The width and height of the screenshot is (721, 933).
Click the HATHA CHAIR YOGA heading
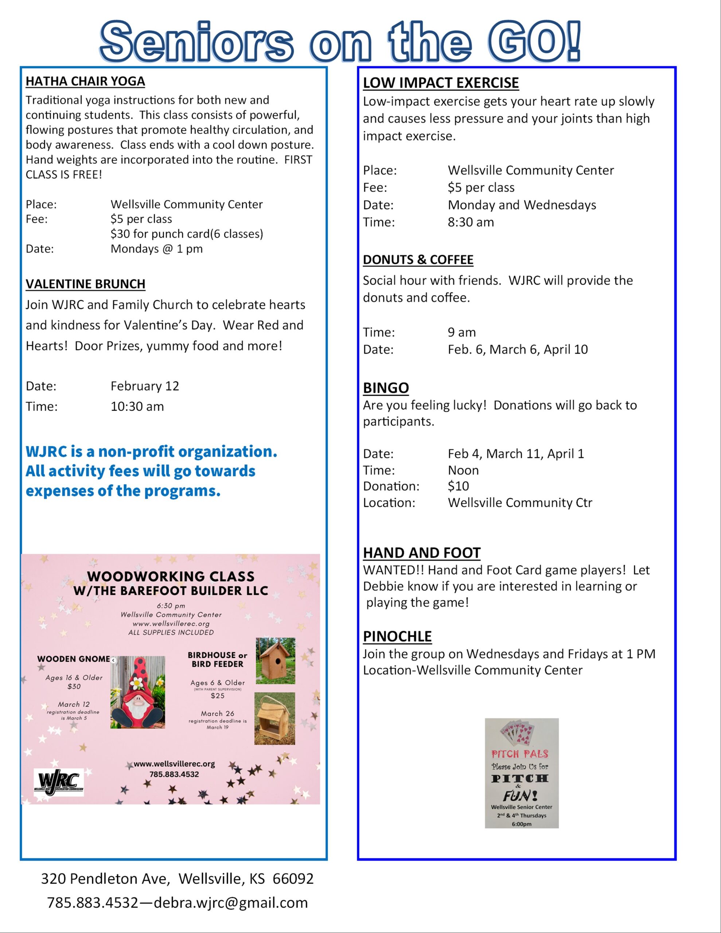click(85, 81)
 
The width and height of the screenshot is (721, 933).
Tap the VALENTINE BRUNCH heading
click(85, 284)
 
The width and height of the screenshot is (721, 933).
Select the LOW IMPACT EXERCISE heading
click(441, 82)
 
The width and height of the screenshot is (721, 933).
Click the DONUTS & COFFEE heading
click(418, 260)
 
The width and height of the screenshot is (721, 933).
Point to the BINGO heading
click(386, 387)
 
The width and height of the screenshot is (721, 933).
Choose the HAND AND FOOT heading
click(422, 553)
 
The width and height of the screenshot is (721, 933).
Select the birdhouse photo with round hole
click(275, 661)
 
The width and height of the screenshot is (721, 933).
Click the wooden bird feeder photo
click(275, 719)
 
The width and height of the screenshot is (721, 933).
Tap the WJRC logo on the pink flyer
click(59, 782)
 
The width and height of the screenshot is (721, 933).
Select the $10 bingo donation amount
click(458, 486)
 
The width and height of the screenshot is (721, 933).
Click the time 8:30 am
click(471, 222)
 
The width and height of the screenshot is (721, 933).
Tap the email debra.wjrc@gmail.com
click(230, 902)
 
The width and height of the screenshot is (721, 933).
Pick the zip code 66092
click(293, 878)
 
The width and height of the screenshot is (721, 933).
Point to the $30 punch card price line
click(187, 234)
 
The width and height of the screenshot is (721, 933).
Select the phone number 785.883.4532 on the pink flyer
click(174, 774)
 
